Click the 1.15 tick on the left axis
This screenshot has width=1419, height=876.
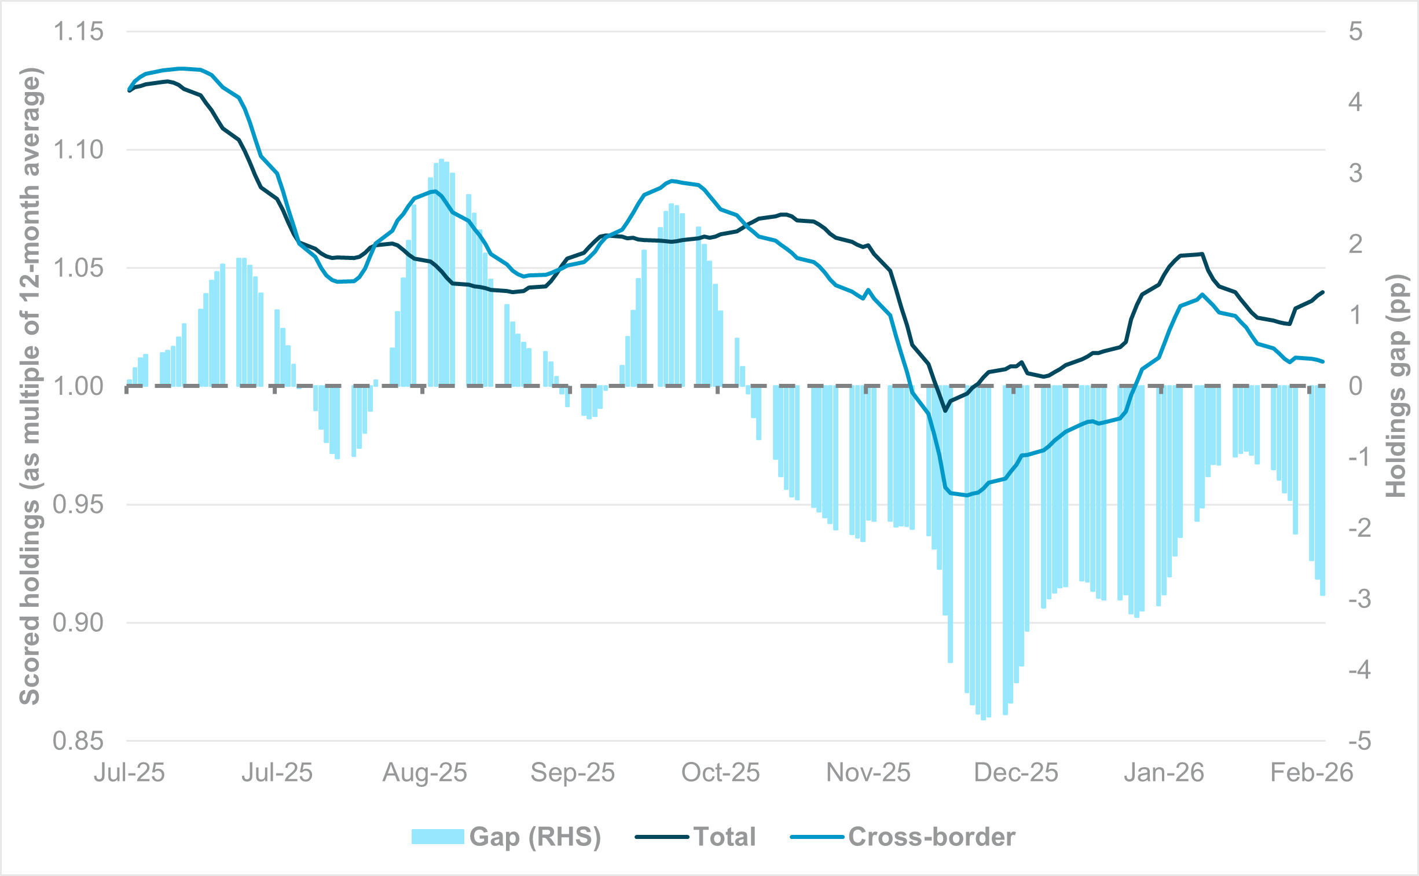tap(78, 31)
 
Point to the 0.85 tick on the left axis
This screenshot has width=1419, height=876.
tap(78, 741)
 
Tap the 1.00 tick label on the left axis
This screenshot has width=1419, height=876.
tap(78, 386)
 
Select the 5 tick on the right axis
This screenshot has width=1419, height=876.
tap(1355, 31)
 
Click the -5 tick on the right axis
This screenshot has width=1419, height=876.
tap(1359, 741)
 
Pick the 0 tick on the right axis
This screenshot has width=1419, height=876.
tap(1355, 386)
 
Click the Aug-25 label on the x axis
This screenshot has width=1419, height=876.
tap(424, 773)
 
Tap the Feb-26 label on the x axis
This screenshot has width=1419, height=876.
tap(1311, 773)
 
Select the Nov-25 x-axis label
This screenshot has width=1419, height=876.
tap(868, 773)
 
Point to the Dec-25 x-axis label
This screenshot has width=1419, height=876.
tap(1016, 773)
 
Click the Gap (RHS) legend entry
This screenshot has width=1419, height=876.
tap(505, 837)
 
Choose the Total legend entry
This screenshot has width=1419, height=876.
tap(695, 837)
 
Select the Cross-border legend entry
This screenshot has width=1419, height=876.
tap(903, 837)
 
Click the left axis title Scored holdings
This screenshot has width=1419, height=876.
tap(30, 386)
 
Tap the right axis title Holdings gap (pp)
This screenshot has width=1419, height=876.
tap(1396, 386)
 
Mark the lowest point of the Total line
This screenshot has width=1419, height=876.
tap(946, 410)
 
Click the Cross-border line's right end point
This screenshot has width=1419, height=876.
tap(1323, 361)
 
